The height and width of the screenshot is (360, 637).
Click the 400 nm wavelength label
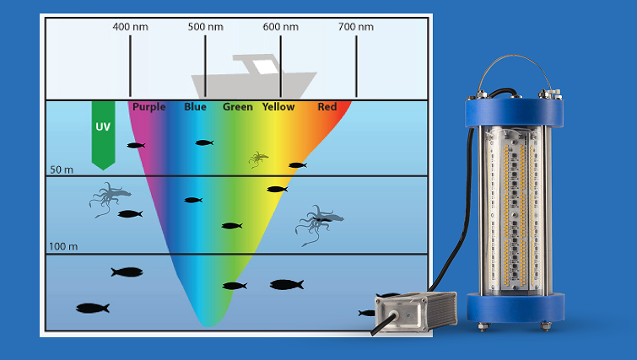(130, 27)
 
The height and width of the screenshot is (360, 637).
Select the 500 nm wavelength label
(205, 27)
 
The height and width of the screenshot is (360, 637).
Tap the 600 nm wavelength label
(280, 27)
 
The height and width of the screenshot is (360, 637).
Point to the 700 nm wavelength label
(355, 27)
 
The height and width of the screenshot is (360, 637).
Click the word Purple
(148, 107)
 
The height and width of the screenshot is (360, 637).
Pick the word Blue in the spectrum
(195, 107)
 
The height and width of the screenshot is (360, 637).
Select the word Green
(237, 107)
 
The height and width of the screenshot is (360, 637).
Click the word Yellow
(278, 107)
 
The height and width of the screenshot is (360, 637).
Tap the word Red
(327, 107)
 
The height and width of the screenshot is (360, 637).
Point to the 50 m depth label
(62, 169)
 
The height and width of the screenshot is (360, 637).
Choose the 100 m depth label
(63, 247)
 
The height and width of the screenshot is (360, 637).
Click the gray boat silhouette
(253, 78)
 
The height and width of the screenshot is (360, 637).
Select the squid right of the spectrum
(316, 223)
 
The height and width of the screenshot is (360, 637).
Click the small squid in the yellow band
(258, 158)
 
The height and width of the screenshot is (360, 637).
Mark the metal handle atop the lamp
(514, 77)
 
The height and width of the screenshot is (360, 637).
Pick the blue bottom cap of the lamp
(515, 307)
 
